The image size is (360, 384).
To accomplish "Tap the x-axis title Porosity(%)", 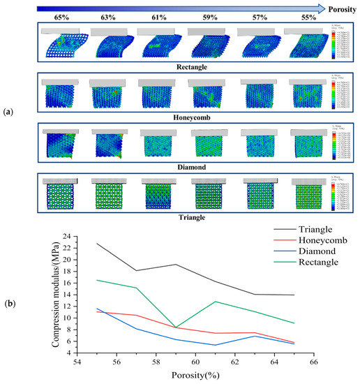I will coord(196,376).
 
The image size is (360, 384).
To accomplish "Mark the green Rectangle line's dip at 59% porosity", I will coord(176,327).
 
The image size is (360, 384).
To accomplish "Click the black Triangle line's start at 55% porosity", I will coord(96,243).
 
